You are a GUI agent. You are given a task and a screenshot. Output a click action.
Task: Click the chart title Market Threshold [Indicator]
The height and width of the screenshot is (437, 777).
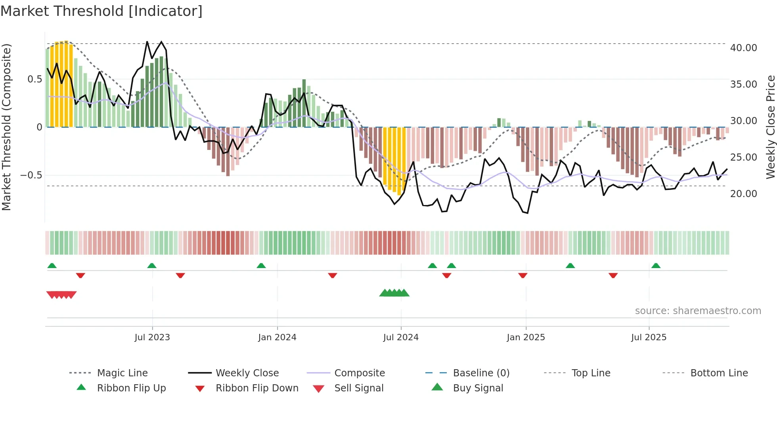click(101, 11)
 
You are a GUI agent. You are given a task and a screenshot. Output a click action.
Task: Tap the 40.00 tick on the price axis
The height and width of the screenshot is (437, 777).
click(743, 48)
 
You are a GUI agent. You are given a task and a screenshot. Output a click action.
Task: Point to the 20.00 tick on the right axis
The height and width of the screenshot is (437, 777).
click(743, 194)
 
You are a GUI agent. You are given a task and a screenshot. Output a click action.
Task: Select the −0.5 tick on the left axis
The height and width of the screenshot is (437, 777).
click(31, 175)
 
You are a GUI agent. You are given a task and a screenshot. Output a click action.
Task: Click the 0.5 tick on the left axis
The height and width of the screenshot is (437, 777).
click(35, 79)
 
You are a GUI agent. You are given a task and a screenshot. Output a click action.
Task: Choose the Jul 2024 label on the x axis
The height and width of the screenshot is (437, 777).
click(401, 337)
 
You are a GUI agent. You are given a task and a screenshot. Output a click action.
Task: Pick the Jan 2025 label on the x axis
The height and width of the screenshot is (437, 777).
click(526, 337)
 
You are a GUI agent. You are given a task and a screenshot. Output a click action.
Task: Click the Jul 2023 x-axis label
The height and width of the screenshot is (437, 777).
click(152, 337)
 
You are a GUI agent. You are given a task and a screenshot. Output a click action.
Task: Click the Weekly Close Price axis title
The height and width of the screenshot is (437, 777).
click(770, 127)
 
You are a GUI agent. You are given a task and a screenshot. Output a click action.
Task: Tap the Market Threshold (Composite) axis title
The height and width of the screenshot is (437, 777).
click(6, 127)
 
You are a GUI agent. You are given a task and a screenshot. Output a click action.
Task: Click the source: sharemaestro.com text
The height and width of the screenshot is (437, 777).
click(698, 311)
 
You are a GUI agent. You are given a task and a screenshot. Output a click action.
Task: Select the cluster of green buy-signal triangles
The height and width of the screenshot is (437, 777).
click(394, 293)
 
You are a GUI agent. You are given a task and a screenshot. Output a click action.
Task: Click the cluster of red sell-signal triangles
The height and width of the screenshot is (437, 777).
click(61, 295)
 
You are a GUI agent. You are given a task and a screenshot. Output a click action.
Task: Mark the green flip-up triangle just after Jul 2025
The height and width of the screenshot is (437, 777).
click(656, 266)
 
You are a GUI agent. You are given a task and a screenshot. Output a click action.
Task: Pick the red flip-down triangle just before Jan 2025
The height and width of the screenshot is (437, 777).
click(522, 275)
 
